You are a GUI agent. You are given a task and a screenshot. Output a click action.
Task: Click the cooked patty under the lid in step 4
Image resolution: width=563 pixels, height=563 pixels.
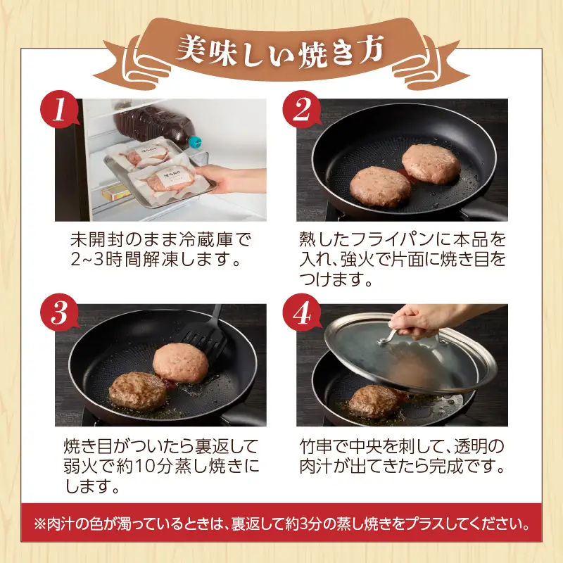[x=373, y=401]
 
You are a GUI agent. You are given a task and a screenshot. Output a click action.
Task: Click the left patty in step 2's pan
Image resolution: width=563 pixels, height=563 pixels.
[x=381, y=186]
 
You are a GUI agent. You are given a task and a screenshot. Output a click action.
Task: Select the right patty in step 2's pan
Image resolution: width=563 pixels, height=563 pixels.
[x=430, y=163]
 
